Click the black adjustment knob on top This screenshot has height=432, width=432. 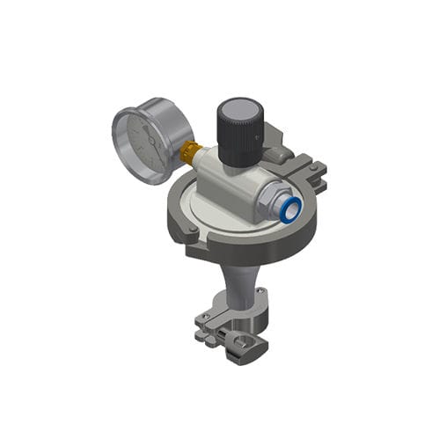click(x=240, y=132)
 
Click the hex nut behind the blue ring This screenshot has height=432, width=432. click(x=274, y=198)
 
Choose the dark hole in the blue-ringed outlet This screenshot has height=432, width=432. click(x=292, y=208)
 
